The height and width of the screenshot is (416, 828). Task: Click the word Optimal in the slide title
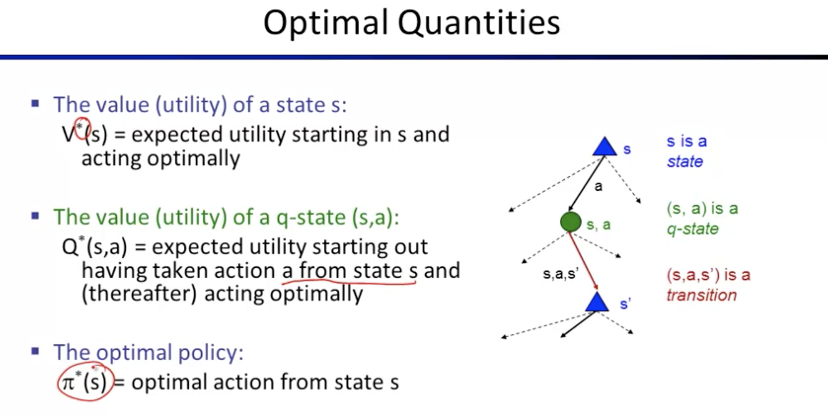click(326, 23)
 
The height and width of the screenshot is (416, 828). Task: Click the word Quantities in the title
click(479, 23)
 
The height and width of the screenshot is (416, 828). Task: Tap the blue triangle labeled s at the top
click(605, 147)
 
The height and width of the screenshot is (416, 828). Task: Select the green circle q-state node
click(570, 222)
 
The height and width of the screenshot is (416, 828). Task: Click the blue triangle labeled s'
click(597, 302)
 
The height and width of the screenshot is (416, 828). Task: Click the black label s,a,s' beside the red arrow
click(561, 274)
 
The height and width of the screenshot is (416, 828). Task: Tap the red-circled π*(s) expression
click(85, 382)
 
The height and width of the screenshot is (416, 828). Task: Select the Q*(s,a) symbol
click(94, 247)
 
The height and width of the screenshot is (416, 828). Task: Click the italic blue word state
click(685, 162)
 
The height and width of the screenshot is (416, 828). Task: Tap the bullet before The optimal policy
click(35, 351)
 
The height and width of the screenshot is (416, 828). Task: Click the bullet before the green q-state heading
click(35, 215)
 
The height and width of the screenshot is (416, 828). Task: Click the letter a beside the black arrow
click(598, 186)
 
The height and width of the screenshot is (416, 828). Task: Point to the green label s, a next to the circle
click(599, 225)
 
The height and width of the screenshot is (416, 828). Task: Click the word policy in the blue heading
click(211, 353)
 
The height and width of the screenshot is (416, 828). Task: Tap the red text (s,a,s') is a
click(708, 275)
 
